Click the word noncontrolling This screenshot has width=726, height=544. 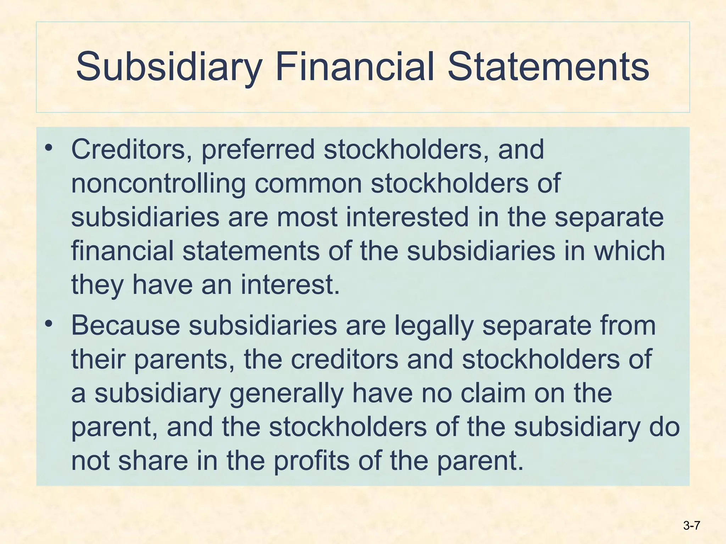pos(158,183)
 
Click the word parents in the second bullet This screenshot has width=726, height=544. pos(184,359)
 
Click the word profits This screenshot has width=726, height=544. pos(312,461)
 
